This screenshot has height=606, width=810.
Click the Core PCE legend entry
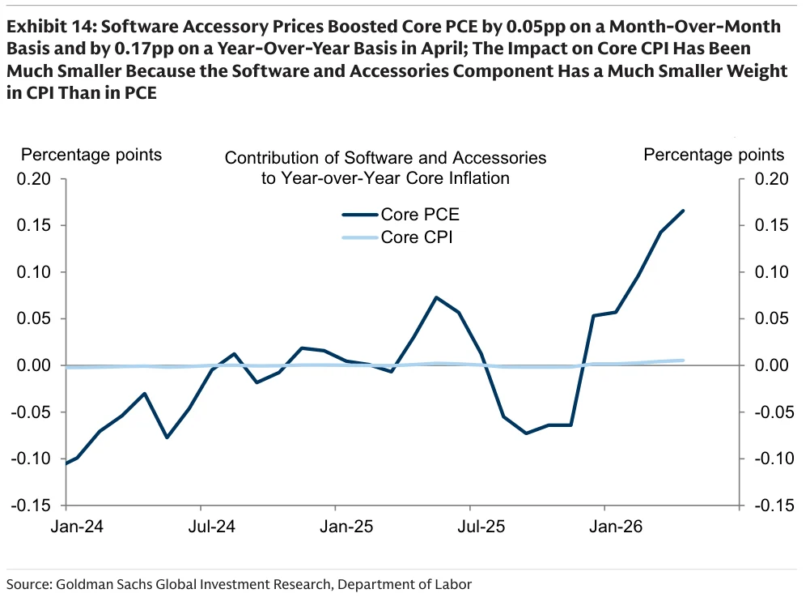click(401, 215)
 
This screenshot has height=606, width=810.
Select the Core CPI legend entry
click(397, 237)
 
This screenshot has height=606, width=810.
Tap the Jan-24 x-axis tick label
click(77, 527)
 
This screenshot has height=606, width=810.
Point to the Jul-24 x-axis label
click(212, 527)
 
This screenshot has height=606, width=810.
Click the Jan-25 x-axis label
click(346, 527)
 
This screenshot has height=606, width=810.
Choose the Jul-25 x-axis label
click(481, 527)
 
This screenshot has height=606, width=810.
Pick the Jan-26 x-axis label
click(616, 527)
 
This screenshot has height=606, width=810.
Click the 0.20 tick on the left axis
click(33, 179)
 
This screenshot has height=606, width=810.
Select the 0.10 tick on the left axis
click(33, 272)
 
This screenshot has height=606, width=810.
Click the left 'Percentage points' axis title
click(91, 155)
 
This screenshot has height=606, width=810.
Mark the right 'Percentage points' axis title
click(714, 155)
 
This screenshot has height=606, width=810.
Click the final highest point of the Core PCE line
click(684, 211)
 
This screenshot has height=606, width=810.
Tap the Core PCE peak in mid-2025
click(436, 297)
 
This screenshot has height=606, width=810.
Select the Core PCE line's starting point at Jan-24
click(66, 463)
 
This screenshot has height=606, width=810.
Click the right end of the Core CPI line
click(684, 361)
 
